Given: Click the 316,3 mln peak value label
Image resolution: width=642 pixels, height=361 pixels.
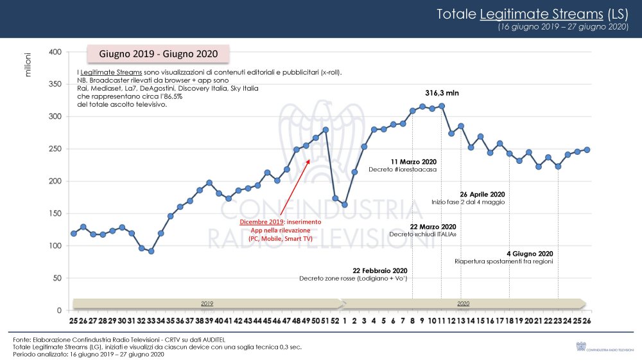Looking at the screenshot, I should tap(442, 93).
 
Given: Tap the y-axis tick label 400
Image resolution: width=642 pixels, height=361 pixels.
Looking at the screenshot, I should tap(55, 52).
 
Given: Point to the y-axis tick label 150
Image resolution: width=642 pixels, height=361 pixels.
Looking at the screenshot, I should tap(55, 214).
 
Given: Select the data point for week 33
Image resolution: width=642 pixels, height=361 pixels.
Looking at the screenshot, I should tap(151, 251).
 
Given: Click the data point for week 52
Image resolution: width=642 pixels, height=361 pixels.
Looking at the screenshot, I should tap(335, 198).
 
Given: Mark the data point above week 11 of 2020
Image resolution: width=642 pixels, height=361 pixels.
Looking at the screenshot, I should tap(442, 105).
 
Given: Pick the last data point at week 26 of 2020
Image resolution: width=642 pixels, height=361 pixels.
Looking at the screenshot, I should tap(587, 150).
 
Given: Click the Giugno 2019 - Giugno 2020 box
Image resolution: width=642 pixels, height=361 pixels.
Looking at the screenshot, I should tap(159, 53).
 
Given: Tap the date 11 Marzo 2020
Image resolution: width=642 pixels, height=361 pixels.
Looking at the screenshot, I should tap(413, 161).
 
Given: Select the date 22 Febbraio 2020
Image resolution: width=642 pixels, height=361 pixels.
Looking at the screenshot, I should tap(379, 270).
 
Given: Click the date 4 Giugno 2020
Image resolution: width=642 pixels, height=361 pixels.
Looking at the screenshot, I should tap(529, 254).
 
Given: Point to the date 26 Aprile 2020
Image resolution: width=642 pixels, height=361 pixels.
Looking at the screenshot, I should tap(482, 194).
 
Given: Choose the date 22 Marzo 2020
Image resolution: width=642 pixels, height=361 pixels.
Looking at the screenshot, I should tap(433, 227).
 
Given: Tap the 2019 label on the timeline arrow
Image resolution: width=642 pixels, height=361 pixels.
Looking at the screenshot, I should tap(207, 303).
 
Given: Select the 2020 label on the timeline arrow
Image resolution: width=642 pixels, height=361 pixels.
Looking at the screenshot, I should tap(464, 303).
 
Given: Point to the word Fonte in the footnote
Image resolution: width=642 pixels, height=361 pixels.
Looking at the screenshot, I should tap(21, 339).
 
